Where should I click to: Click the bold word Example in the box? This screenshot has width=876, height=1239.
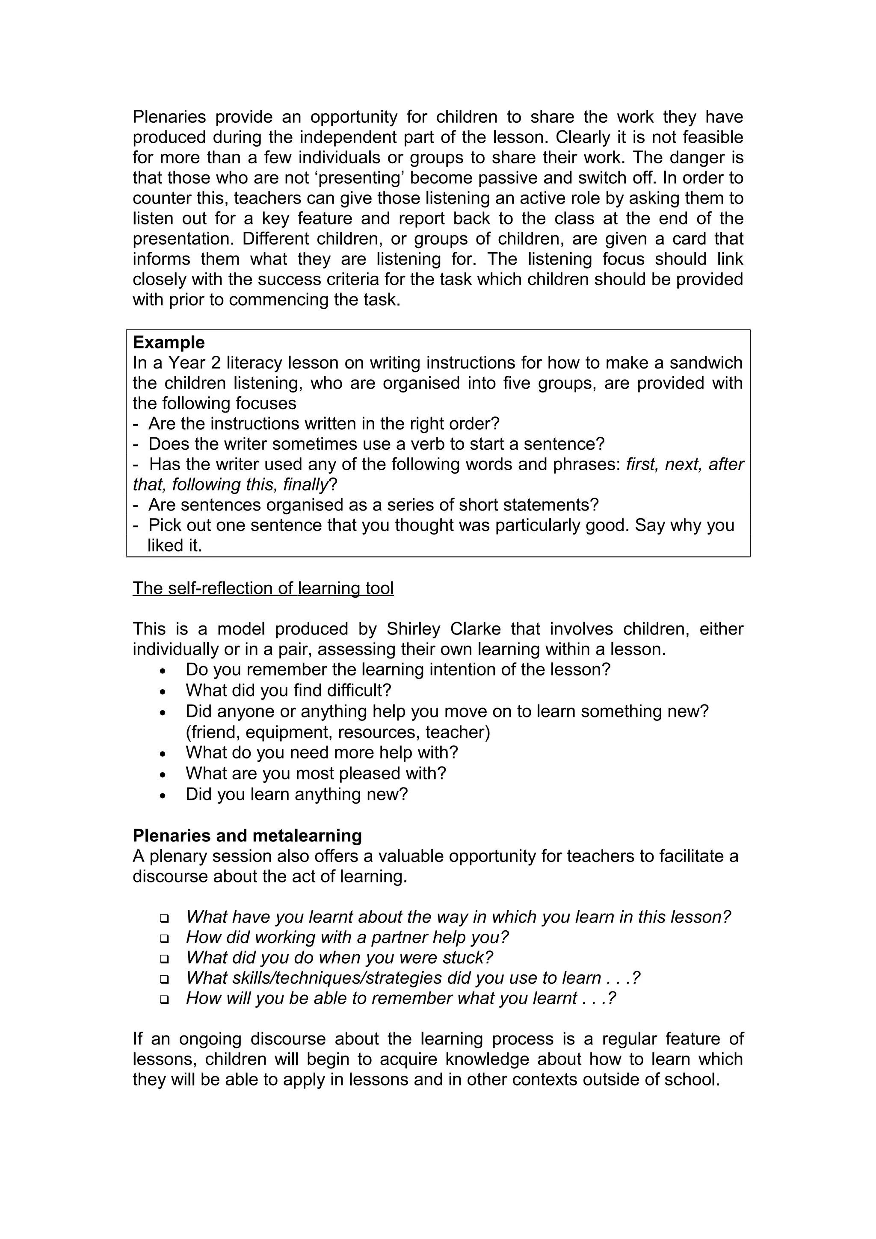[x=169, y=342]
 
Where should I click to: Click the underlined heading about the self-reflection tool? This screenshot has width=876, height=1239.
[x=263, y=588]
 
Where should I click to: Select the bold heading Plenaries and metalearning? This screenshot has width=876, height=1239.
[x=247, y=835]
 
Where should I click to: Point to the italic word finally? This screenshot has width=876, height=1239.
[x=305, y=484]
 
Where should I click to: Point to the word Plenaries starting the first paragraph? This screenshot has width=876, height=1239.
[x=169, y=117]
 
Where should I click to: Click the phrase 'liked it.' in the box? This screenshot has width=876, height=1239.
[x=175, y=546]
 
